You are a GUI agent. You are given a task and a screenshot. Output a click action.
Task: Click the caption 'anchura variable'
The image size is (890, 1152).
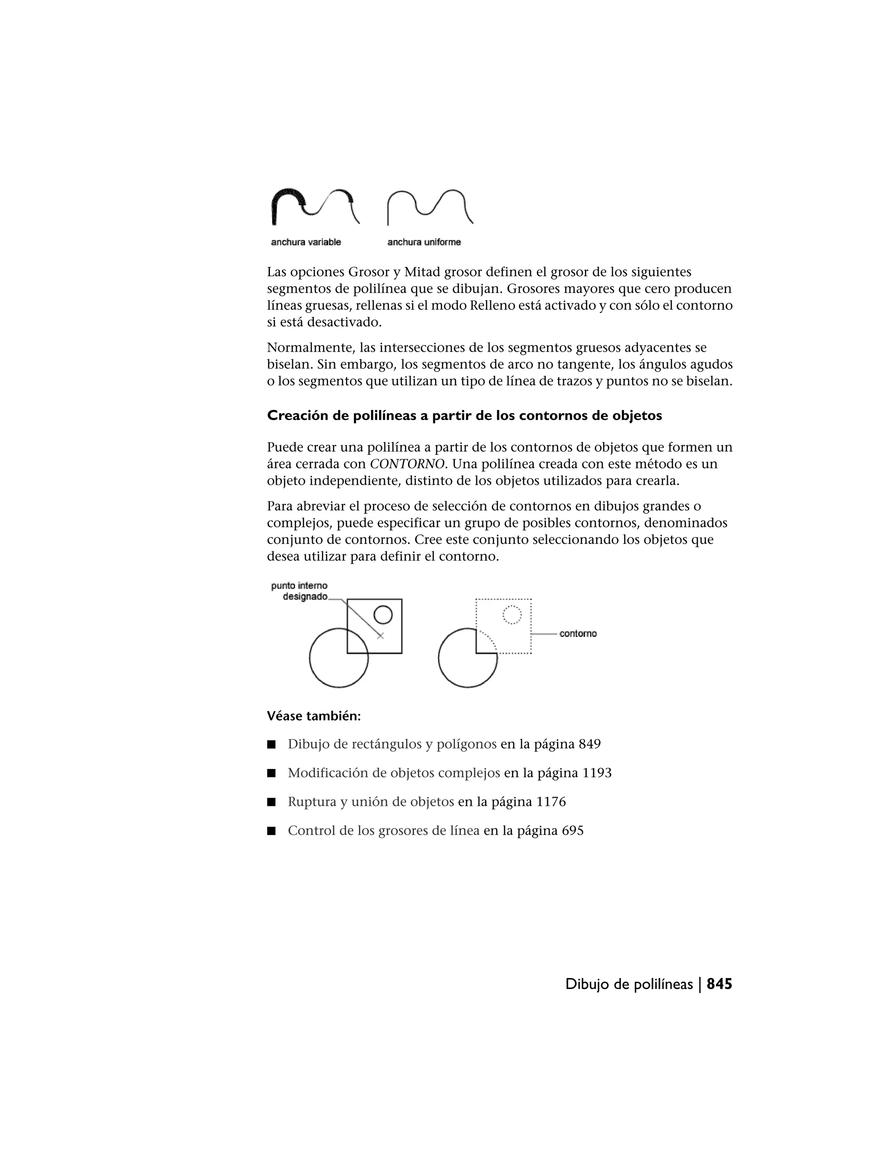pos(306,242)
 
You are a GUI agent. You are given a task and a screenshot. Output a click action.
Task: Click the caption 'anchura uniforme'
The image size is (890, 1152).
pos(424,242)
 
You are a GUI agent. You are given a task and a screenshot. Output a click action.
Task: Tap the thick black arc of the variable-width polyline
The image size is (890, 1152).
pos(285,196)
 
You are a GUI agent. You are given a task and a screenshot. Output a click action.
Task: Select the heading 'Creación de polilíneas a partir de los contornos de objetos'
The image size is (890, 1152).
pos(464,416)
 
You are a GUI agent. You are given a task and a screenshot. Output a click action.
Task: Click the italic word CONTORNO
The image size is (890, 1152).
pos(406,464)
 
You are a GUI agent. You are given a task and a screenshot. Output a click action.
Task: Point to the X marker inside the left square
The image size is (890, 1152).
pos(381,636)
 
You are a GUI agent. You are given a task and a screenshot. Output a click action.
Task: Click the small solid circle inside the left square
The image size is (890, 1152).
pos(383,615)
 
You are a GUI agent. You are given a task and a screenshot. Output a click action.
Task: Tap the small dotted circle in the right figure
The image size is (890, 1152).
pos(512,615)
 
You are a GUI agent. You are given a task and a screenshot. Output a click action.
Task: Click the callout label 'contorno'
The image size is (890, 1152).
pos(578,633)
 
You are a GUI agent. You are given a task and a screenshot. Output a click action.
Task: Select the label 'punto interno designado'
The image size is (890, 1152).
pos(299,591)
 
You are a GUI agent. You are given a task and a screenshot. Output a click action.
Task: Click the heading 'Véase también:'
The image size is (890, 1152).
pos(314,716)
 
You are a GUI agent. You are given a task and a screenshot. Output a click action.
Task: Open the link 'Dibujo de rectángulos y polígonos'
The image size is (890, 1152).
pos(392,744)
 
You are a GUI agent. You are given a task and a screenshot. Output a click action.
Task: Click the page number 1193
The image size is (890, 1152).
pos(597,773)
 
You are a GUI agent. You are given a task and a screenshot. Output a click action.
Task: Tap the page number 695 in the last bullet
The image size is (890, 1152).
pos(573,831)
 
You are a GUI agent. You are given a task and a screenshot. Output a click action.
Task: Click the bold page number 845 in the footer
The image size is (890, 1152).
pos(719,984)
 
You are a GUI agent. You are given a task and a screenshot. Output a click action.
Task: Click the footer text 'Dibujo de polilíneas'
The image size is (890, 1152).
pos(628,984)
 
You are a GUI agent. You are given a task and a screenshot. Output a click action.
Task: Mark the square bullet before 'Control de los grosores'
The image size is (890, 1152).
pos(272,831)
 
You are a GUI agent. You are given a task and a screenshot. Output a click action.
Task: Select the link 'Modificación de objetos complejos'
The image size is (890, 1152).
pos(394,773)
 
